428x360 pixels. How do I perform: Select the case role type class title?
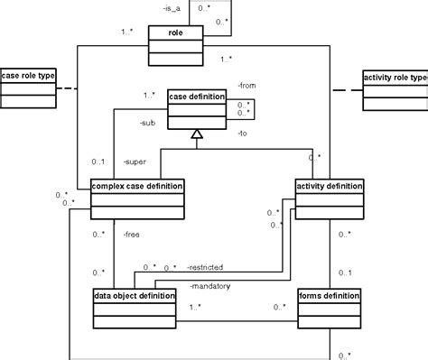[x=28, y=77]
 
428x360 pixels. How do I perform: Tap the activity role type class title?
[x=394, y=78]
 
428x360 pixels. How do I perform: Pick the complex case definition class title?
[x=137, y=186]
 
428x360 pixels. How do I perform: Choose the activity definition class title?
[x=330, y=186]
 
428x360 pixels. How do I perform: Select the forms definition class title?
[x=330, y=295]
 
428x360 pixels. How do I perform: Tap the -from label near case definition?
[x=246, y=86]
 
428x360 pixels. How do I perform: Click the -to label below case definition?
[x=242, y=133]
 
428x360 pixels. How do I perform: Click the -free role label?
[x=132, y=234]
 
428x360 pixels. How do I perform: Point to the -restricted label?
[x=205, y=267]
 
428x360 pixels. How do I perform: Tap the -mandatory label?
[x=210, y=286]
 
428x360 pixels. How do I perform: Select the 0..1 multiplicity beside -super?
[x=98, y=162]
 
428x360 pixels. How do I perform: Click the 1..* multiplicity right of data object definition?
[x=195, y=308]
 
